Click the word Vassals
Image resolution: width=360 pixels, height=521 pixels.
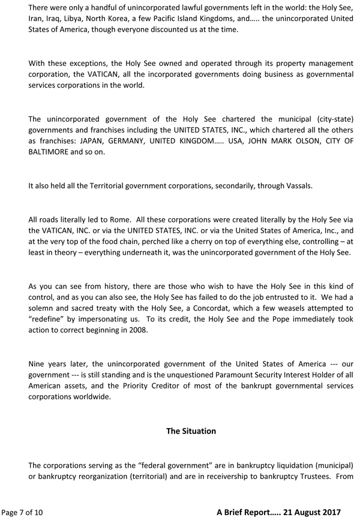296,186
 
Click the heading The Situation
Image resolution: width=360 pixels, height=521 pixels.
191,431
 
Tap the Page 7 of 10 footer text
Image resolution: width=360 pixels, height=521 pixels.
22,512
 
